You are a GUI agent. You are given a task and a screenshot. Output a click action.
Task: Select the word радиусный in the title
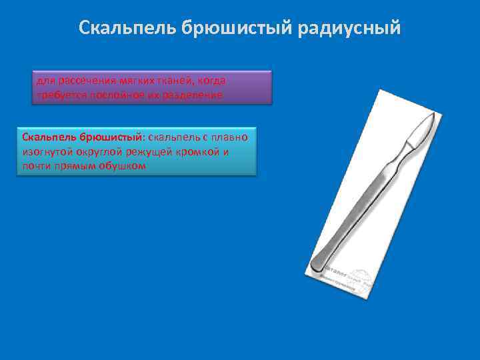pos(360,28)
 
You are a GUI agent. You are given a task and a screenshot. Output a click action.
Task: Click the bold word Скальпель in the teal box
pos(49,137)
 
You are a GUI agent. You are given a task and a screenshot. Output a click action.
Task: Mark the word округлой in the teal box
pos(99,151)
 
